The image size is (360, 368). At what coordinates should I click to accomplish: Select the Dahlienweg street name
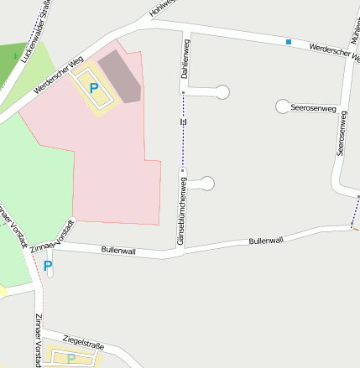(184, 59)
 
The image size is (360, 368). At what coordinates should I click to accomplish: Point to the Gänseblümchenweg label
(180, 208)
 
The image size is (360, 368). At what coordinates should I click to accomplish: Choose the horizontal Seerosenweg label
(313, 109)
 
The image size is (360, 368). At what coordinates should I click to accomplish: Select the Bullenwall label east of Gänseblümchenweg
(266, 241)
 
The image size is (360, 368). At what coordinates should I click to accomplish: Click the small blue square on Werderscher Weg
(289, 42)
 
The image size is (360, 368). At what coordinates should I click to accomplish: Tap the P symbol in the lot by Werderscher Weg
(94, 88)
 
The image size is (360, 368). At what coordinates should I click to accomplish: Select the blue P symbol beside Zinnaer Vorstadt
(48, 267)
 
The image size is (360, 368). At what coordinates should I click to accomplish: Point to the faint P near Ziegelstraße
(71, 359)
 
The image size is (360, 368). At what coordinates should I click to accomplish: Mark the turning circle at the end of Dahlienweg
(223, 91)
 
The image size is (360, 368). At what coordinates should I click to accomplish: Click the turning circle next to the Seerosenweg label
(283, 106)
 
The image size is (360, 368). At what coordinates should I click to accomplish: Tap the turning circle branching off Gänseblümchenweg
(207, 183)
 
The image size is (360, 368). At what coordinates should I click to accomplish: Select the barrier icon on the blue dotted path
(183, 122)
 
